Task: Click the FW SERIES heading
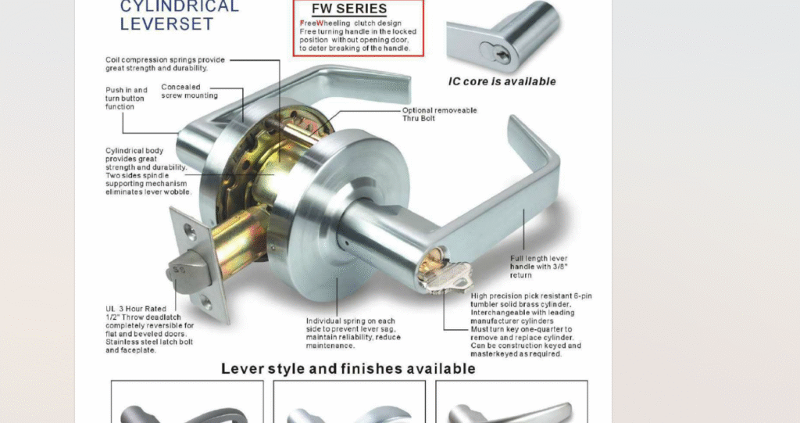(349, 9)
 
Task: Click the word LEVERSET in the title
(166, 24)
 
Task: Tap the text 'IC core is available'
(502, 82)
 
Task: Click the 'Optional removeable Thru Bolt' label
(439, 114)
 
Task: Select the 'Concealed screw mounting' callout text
(189, 91)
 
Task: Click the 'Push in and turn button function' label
(126, 98)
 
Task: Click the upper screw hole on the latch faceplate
(189, 231)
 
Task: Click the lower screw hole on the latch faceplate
(205, 303)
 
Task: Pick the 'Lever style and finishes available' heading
(348, 369)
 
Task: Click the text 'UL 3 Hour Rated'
(136, 309)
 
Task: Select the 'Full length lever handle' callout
(538, 267)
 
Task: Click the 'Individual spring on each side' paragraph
(353, 333)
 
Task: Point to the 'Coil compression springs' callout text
(165, 64)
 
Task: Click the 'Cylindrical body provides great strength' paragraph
(148, 171)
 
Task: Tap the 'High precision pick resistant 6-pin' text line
(531, 296)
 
